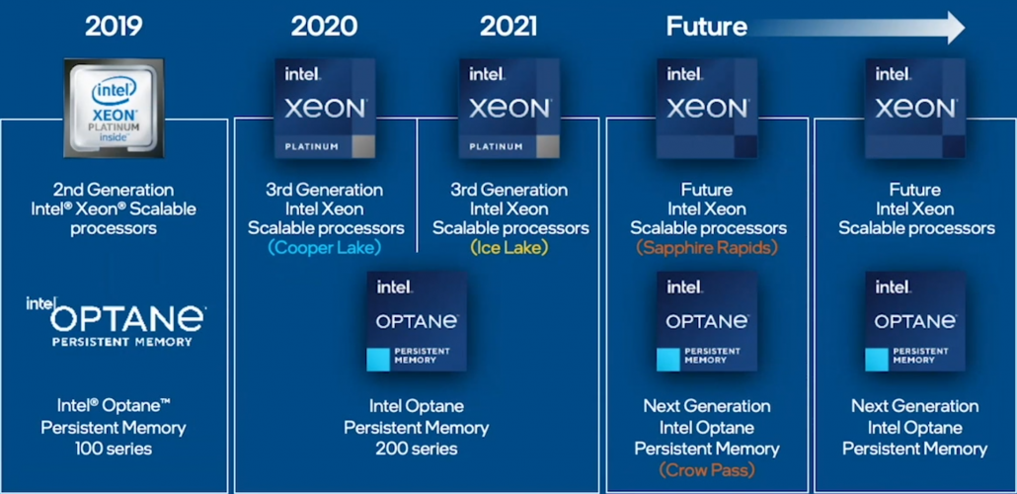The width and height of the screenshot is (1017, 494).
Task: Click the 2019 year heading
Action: pos(115,26)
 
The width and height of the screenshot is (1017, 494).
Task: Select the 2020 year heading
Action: pos(324,26)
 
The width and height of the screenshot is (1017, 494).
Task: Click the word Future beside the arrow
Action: pos(706,26)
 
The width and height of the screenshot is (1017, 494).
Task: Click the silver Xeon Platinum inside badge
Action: pos(114,107)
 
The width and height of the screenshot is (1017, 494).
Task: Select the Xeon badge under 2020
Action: pos(325,108)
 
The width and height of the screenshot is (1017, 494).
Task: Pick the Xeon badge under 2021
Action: pos(509,108)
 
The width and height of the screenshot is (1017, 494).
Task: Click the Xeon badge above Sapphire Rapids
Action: pos(707,108)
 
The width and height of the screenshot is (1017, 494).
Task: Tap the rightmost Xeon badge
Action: pos(915,108)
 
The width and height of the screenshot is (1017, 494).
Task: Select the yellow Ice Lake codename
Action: pos(509,248)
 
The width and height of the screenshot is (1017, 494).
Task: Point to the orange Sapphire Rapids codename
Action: pos(707,248)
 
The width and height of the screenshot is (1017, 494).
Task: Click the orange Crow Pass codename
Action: pos(707,469)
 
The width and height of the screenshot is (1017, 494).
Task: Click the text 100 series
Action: pos(114,449)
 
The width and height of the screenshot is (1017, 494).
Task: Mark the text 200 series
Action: pos(416,449)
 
